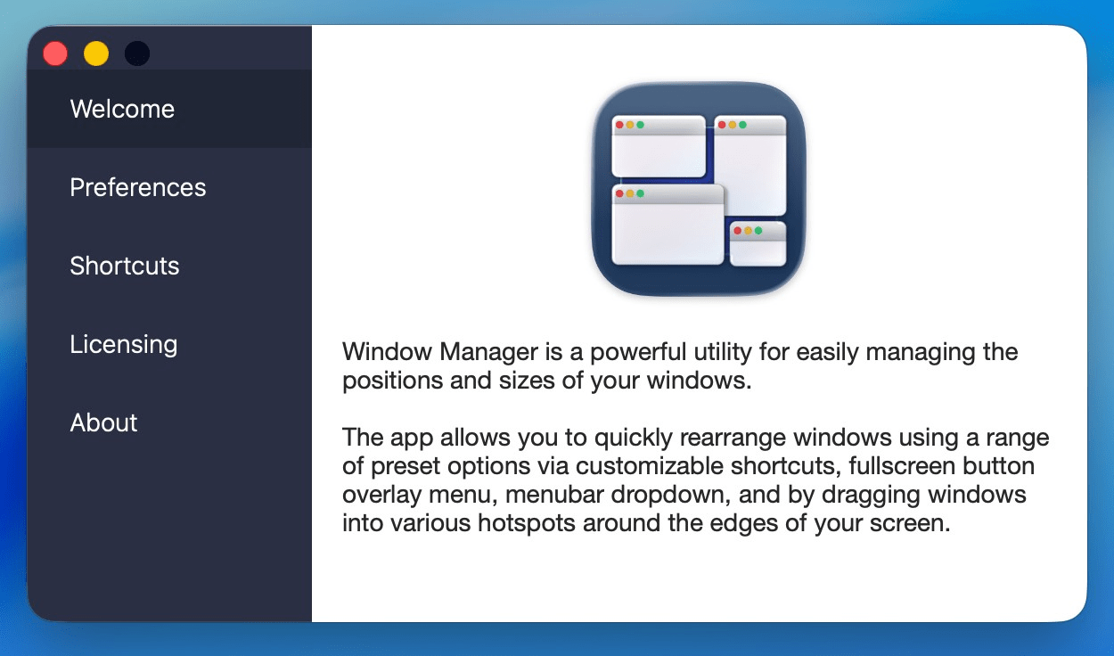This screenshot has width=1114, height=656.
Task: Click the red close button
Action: tap(55, 53)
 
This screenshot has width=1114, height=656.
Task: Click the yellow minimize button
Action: tap(96, 53)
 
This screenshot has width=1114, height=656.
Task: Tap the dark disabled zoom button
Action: tap(137, 53)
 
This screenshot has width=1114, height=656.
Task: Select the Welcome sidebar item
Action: tap(122, 109)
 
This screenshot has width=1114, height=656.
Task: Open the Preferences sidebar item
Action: tap(137, 187)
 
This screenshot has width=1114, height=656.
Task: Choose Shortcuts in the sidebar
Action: tap(125, 266)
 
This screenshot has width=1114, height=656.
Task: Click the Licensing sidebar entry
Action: tap(123, 344)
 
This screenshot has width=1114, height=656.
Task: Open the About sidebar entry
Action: tap(103, 422)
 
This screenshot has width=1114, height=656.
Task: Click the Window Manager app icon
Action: tap(700, 189)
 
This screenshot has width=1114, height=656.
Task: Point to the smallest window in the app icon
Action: tap(758, 245)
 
